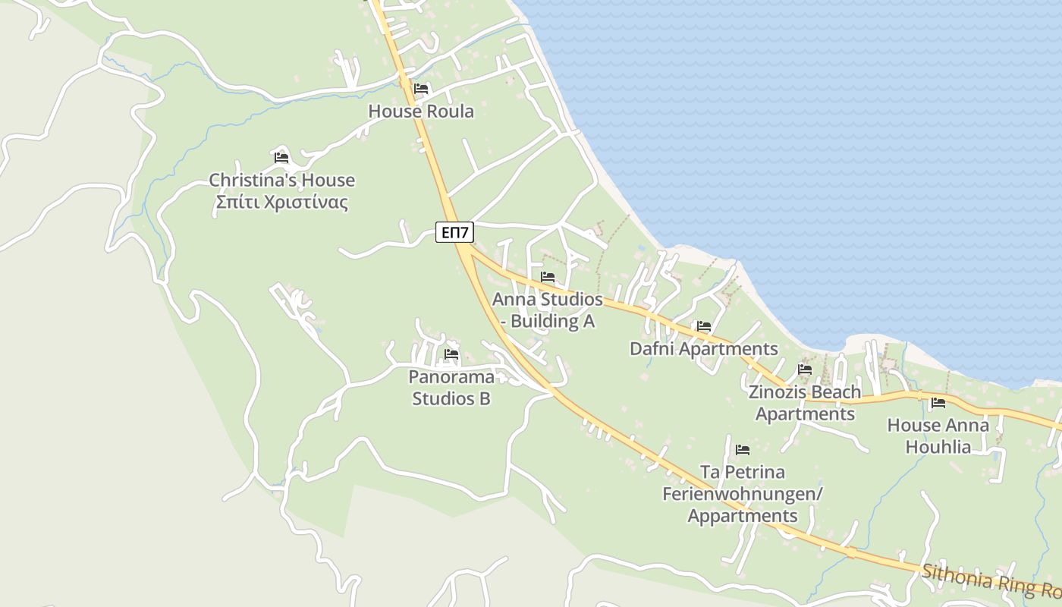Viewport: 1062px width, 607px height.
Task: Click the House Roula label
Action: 421,112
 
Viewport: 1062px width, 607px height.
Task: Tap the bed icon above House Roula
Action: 421,89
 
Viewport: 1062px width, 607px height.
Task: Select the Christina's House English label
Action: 281,181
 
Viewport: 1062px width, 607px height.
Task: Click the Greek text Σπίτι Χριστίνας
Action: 281,203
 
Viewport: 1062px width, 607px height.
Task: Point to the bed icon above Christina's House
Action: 281,158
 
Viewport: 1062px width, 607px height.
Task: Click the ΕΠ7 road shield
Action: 454,232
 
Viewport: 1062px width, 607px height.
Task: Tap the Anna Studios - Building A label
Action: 547,310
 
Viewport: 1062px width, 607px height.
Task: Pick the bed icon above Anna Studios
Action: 548,277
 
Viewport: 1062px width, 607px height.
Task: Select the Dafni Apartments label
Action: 703,349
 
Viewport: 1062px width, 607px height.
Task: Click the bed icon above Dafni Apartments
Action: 704,327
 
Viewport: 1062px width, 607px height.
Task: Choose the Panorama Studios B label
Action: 451,388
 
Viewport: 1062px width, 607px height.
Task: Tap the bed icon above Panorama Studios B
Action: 451,354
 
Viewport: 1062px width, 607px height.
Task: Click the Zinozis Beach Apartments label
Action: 805,403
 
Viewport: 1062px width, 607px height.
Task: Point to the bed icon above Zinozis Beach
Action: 805,370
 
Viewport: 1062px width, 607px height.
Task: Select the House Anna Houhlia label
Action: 938,436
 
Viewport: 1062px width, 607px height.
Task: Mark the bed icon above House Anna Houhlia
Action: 938,403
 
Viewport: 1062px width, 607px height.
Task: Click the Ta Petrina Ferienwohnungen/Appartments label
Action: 743,494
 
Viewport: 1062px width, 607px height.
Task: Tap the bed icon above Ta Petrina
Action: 743,450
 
